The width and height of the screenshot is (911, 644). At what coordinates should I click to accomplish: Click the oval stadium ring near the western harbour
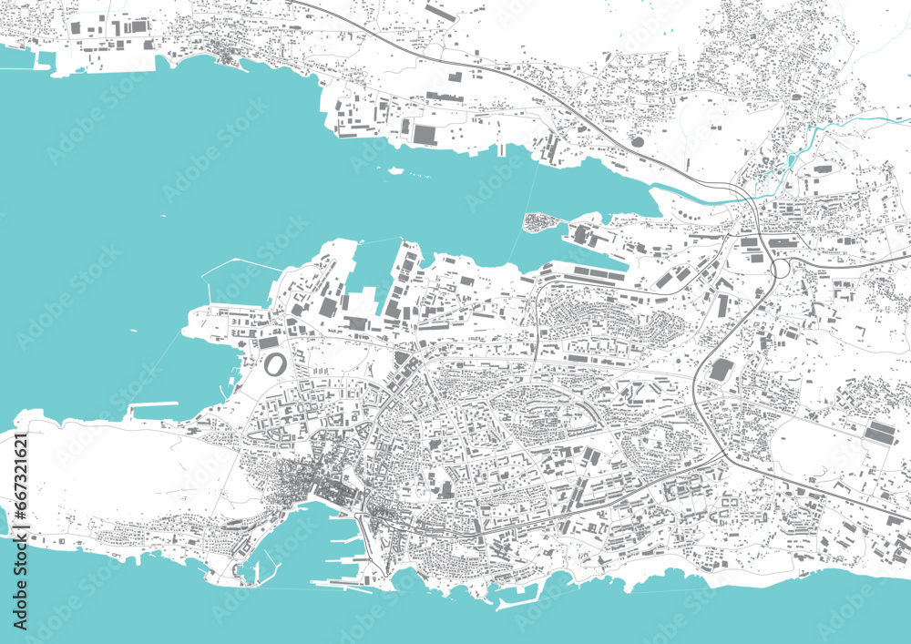pyautogui.click(x=274, y=365)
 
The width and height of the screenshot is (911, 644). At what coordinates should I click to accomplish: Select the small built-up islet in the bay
pyautogui.click(x=538, y=221)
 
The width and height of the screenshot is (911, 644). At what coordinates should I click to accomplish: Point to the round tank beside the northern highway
pyautogui.click(x=637, y=141)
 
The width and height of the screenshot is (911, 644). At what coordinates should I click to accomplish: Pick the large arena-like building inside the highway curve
pyautogui.click(x=722, y=370)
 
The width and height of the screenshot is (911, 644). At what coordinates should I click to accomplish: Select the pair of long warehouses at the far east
pyautogui.click(x=879, y=432)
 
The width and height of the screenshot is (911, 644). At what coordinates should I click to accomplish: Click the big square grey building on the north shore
pyautogui.click(x=425, y=134)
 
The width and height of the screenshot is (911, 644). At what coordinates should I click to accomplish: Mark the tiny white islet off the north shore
pyautogui.click(x=394, y=169)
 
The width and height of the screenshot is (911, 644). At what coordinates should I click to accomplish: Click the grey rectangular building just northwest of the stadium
pyautogui.click(x=268, y=342)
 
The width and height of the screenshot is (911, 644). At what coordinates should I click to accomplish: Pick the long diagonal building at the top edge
pyautogui.click(x=439, y=13)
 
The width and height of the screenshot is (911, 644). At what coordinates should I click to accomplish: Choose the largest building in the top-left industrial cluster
pyautogui.click(x=136, y=26)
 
